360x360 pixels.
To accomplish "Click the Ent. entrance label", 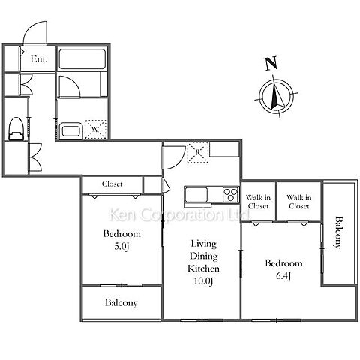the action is click(39, 59).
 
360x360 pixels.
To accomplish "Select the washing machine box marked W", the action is click(95, 130).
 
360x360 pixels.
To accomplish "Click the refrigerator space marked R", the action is click(198, 152).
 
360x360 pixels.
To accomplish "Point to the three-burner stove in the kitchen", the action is click(231, 195).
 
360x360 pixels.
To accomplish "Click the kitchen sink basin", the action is click(196, 195).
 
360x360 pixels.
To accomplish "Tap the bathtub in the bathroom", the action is click(82, 58).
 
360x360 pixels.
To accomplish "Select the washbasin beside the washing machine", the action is click(71, 130).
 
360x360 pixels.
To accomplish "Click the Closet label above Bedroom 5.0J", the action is click(112, 184).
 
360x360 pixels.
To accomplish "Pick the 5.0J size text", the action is click(121, 247).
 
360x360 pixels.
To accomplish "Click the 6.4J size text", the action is click(283, 276).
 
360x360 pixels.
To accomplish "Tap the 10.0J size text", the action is click(203, 281).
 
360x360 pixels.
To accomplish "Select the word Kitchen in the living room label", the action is click(203, 268).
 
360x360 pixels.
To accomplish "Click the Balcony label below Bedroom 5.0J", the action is click(121, 303).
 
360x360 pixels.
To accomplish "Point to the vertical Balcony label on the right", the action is click(338, 232).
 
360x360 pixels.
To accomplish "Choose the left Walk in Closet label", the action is click(258, 202).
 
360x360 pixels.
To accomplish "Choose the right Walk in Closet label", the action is click(299, 202).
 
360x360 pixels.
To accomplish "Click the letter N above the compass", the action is click(271, 64).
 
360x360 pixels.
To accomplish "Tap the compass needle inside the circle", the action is click(277, 95).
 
